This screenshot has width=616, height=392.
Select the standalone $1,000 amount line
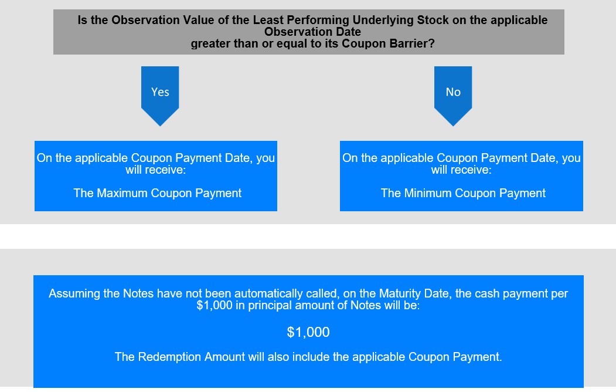coord(308,332)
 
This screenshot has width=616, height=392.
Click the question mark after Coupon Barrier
coord(431,43)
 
